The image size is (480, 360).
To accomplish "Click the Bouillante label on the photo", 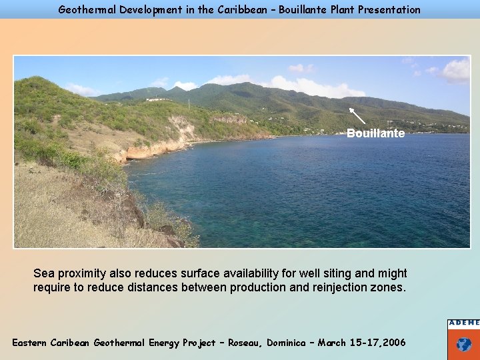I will click(x=375, y=133).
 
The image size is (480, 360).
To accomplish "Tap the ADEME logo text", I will click(x=463, y=323).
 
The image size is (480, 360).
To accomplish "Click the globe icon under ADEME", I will click(x=464, y=345).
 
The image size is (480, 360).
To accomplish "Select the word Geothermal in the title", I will click(x=85, y=9).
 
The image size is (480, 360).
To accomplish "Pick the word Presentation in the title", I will click(x=389, y=9).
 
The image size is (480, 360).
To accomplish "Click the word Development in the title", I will click(x=145, y=9).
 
